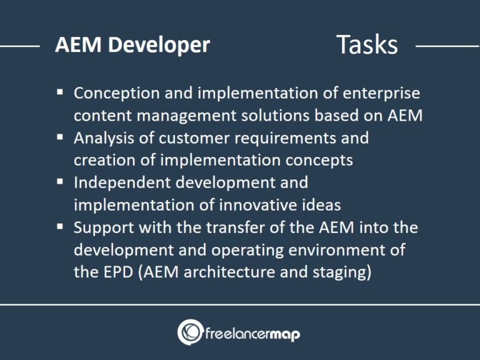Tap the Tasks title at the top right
(367, 44)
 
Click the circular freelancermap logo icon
(190, 332)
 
